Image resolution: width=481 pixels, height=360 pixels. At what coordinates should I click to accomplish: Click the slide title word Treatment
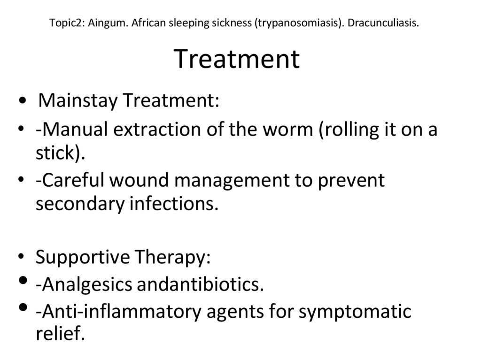pyautogui.click(x=237, y=60)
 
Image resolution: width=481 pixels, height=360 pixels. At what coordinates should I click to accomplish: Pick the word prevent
pyautogui.click(x=352, y=180)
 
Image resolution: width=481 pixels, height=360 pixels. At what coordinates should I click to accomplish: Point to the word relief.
pyautogui.click(x=61, y=335)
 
